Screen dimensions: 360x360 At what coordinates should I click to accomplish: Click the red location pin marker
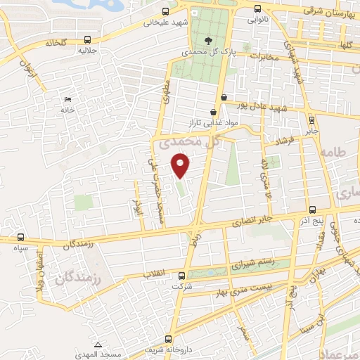[181, 166]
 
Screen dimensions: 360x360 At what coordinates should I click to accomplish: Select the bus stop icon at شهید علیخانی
[165, 11]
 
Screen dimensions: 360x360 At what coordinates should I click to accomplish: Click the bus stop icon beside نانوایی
[257, 10]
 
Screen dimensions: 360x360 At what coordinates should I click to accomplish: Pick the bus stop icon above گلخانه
[86, 39]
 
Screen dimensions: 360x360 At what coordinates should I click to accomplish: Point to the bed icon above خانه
[67, 99]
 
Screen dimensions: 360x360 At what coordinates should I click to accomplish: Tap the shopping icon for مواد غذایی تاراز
[213, 112]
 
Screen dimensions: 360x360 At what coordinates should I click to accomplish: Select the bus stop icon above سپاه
[20, 237]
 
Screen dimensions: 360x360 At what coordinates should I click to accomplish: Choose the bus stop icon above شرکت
[181, 276]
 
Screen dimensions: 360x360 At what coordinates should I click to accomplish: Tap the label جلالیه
[86, 52]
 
